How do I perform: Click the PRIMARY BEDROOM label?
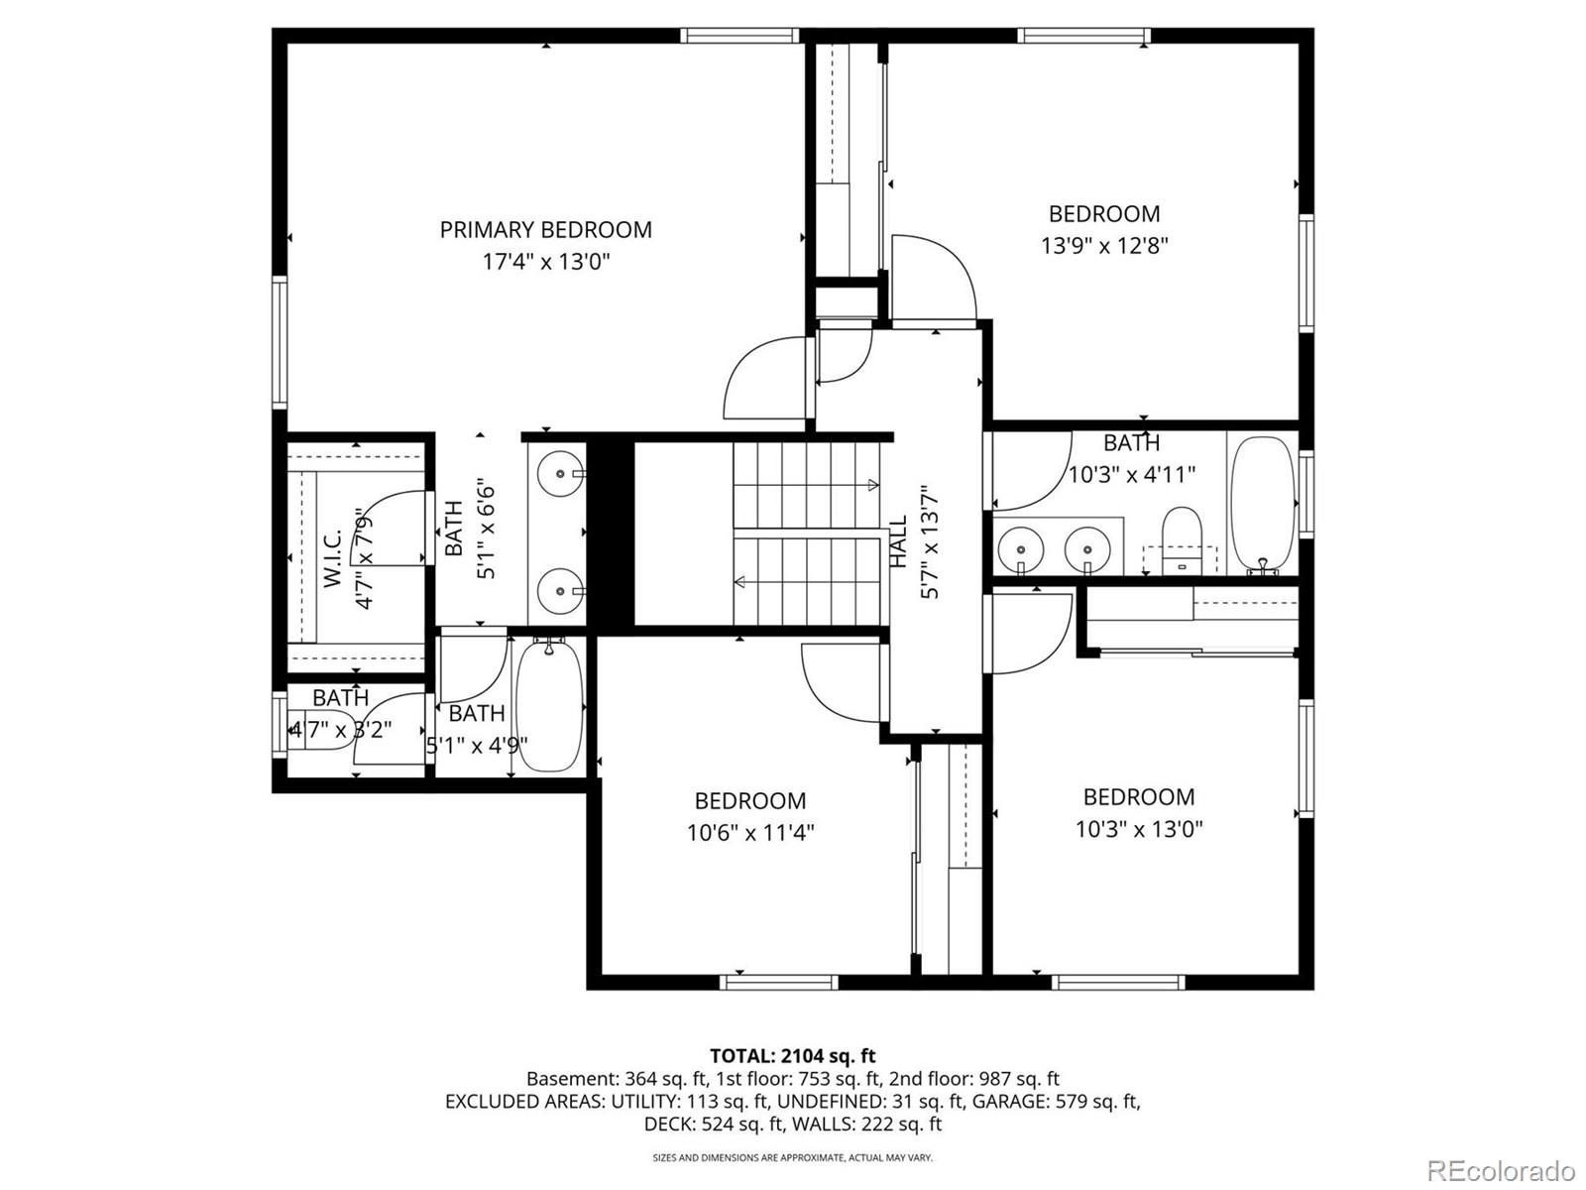point(545,230)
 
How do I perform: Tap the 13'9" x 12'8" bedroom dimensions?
point(1104,246)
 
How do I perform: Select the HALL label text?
point(899,541)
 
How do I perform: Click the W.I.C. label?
point(332,558)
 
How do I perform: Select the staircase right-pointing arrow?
point(872,485)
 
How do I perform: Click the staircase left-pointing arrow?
point(739,582)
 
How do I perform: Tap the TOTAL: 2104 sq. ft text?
point(792,1056)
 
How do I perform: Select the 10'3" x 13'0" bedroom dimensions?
point(1139,829)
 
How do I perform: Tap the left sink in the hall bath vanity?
point(1018,548)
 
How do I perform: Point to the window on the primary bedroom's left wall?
point(280,342)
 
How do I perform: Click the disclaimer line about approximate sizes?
point(792,1157)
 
